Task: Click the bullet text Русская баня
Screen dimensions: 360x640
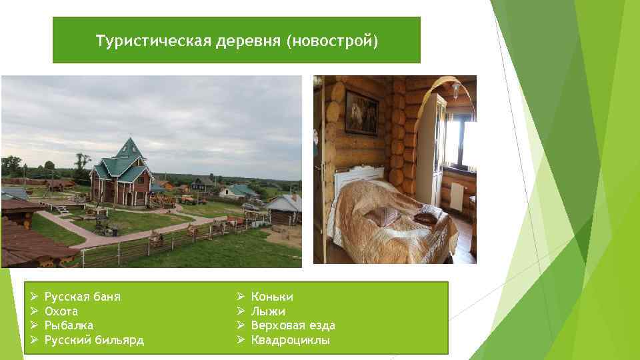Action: pos(82,297)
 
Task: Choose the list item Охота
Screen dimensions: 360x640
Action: pos(61,311)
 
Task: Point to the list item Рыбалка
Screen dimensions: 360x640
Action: pos(69,325)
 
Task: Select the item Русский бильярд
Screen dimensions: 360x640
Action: pos(93,341)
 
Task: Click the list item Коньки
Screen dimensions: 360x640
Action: pos(272,297)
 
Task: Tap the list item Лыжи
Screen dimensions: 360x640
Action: pos(268,311)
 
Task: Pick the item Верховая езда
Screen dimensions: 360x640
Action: pos(293,325)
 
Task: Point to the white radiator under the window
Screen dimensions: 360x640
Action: pos(457,195)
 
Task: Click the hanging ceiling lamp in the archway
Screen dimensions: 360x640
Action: pos(455,90)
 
